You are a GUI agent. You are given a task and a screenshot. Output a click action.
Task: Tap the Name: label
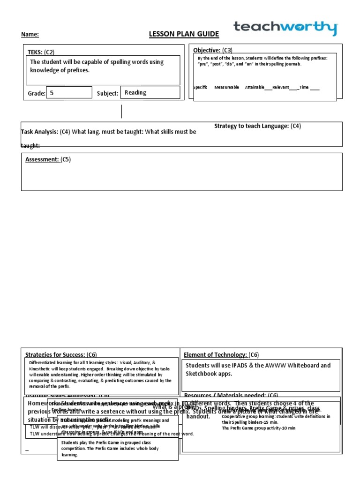[30, 35]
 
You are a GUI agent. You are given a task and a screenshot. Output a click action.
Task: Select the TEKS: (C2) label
[44, 52]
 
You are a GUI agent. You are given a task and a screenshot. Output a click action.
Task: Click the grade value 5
[52, 93]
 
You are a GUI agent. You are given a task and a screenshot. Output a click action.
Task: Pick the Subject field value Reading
[135, 93]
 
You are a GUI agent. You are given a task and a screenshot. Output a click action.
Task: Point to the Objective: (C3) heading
[213, 50]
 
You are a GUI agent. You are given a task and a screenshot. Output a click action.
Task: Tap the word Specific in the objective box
[200, 87]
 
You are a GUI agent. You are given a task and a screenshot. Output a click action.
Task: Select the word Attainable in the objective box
[255, 87]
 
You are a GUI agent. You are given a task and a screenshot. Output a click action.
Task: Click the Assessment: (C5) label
[48, 159]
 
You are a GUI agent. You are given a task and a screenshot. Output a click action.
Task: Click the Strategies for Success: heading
[61, 354]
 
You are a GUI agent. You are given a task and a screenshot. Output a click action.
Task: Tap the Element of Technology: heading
[221, 354]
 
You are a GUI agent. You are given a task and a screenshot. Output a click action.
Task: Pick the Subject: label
[107, 93]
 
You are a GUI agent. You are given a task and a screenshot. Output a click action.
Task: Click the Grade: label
[37, 93]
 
